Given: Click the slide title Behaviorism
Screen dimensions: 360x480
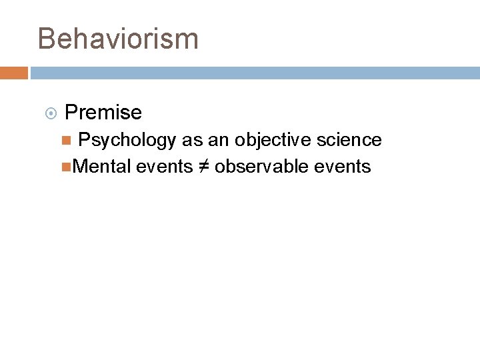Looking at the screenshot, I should click(118, 39).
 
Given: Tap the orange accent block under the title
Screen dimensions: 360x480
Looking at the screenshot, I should click(13, 73).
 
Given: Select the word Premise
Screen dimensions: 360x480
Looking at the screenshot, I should click(103, 113).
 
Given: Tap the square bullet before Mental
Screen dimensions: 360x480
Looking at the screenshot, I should click(65, 167).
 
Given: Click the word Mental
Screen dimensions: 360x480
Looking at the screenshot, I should click(101, 167).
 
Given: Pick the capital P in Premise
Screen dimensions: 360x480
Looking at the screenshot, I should click(71, 113).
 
